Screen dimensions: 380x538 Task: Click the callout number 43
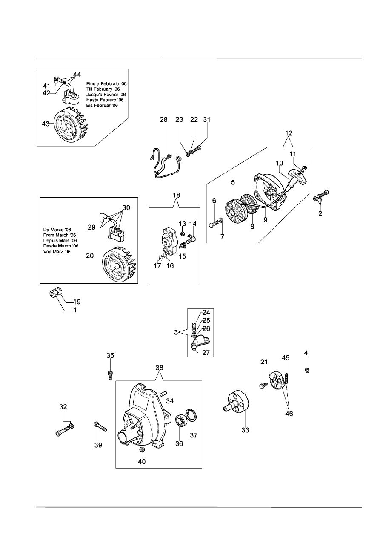click(46, 124)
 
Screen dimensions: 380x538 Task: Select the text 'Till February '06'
click(103, 89)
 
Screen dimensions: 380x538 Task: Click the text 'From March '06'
click(60, 235)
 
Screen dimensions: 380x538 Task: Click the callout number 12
click(289, 133)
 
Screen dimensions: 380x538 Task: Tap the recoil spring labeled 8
click(249, 204)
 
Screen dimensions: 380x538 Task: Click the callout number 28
click(163, 120)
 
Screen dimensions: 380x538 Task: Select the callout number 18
click(176, 195)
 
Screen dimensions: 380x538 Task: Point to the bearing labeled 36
click(182, 420)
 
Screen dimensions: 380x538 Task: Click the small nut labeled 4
click(307, 370)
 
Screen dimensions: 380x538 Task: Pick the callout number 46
click(289, 414)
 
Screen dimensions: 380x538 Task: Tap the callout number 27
click(206, 353)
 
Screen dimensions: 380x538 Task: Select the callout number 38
click(159, 368)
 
